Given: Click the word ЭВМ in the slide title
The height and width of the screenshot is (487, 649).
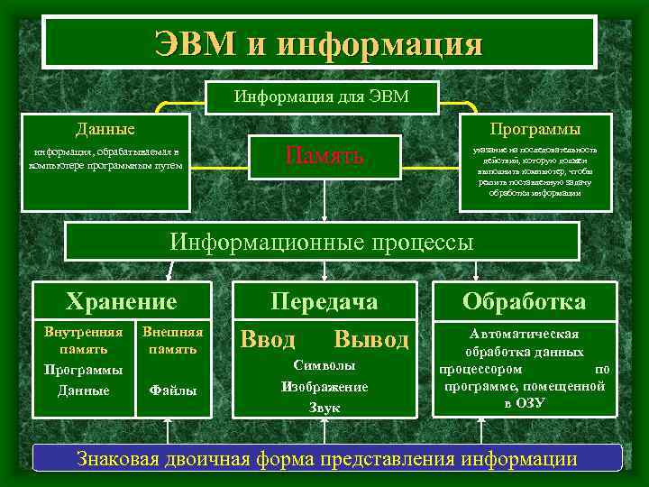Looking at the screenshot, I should coord(195,41).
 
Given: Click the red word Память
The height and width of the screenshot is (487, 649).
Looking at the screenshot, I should coord(324,155).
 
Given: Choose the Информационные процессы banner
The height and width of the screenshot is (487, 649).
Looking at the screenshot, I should coord(322,242).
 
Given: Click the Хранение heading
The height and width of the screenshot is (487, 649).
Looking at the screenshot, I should coord(122,301).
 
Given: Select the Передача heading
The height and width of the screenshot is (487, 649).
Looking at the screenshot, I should coord(324,301).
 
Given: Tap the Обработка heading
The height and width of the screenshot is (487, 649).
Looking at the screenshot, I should coord(524,301).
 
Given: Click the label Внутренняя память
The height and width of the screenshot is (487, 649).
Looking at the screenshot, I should coord(84,340).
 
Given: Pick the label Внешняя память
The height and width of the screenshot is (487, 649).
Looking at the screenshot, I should coord(173,340).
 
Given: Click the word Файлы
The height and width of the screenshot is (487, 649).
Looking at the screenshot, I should coord(173,391).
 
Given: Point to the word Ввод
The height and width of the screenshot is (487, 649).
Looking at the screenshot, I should coord(268,340).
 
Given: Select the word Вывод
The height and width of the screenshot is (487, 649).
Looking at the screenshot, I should coord(370,340).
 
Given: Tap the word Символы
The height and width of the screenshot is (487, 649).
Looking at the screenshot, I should coord(324,366).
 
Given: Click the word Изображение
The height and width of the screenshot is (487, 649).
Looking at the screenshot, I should coord(324,387).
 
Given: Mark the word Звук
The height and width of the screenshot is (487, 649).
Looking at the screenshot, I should coord(324,408).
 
